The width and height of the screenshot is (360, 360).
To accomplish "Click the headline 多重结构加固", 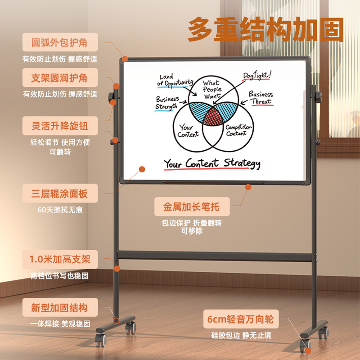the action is tap(265, 29).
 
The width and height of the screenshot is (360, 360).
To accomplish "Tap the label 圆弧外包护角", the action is tap(59, 42).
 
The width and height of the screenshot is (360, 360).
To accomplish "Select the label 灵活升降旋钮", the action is tap(60, 126).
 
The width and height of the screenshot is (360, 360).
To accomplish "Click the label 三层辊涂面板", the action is tap(59, 193).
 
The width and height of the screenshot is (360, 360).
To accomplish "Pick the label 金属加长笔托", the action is tap(192, 207).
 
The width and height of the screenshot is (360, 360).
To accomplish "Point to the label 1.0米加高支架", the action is tap(60, 259).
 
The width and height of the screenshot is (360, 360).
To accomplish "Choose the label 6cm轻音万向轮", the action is tap(241, 319).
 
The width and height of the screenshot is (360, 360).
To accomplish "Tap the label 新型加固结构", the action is tap(59, 308).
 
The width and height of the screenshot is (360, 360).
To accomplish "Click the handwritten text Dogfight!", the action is tap(257, 75).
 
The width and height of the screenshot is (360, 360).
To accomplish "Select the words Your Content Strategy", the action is tap(212, 163).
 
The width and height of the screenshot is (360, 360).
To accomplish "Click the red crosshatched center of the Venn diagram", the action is tap(213, 117).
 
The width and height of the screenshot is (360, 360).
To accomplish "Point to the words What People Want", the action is tap(212, 89).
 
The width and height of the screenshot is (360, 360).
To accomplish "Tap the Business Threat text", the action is tap(261, 98).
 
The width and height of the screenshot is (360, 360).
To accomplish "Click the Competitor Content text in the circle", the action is tap(238, 130).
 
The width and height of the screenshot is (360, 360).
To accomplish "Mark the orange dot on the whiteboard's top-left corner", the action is tap(125, 59).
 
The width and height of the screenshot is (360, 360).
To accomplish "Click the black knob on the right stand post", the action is tap(319, 97).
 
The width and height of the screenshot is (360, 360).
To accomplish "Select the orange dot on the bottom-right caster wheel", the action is tap(308, 351).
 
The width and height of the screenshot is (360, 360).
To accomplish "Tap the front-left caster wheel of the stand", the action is tap(101, 340).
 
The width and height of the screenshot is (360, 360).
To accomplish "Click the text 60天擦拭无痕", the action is tap(60, 210).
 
